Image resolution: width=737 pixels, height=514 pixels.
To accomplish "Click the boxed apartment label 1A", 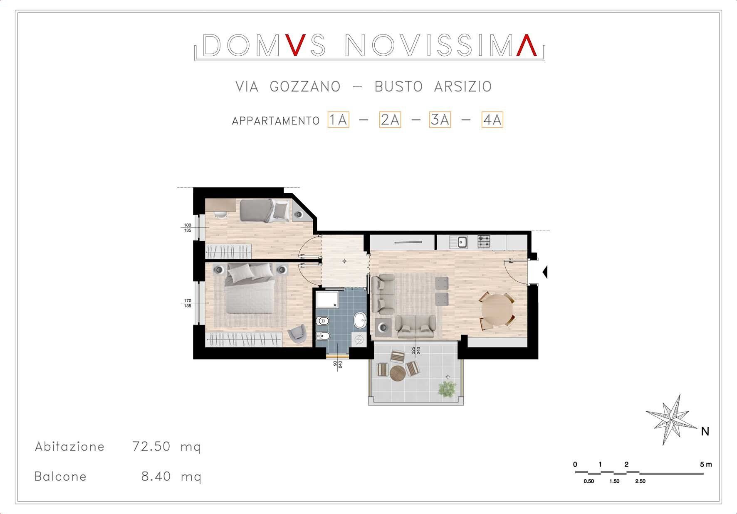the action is (338, 120).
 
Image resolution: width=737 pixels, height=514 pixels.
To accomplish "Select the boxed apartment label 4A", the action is (492, 120).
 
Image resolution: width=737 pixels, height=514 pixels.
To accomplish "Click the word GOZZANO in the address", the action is (305, 86).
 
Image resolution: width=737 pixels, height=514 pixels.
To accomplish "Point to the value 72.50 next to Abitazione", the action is (151, 446).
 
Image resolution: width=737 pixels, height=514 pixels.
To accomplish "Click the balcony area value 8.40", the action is (156, 476).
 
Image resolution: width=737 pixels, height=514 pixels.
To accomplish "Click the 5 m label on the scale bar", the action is (706, 464).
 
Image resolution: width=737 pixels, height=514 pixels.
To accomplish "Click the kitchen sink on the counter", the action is (462, 241).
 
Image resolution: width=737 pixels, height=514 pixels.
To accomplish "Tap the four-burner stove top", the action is (484, 241).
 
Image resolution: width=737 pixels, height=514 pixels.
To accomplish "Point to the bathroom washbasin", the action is (360, 321).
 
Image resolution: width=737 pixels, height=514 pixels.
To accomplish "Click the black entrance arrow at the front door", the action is (545, 273).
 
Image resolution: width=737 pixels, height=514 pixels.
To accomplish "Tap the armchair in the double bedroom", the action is (297, 334).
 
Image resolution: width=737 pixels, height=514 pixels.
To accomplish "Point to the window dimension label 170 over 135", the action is (188, 303).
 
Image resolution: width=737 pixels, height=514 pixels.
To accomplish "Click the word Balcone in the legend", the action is (60, 476).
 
